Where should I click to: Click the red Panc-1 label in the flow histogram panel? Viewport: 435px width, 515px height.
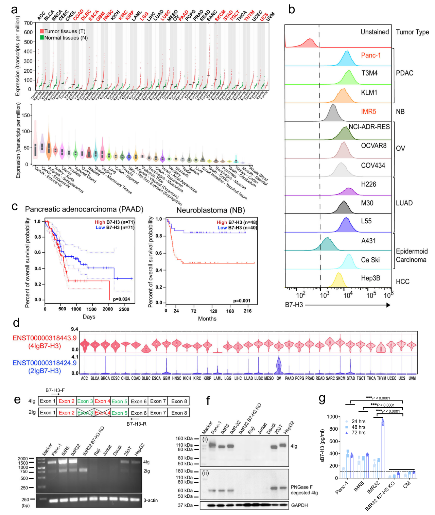pyautogui.click(x=371, y=55)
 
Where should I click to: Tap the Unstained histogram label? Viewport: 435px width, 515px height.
pyautogui.click(x=375, y=32)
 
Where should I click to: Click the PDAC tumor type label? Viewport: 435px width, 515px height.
pyautogui.click(x=404, y=73)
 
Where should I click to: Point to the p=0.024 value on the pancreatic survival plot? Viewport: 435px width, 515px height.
pyautogui.click(x=121, y=299)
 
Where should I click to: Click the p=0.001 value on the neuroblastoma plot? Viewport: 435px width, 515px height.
pyautogui.click(x=242, y=301)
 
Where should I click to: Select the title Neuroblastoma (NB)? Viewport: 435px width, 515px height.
pyautogui.click(x=211, y=210)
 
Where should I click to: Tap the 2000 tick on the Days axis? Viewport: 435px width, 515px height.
pyautogui.click(x=108, y=309)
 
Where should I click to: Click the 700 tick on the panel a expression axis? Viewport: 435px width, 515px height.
pyautogui.click(x=29, y=23)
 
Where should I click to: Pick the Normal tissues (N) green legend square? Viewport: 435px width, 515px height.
pyautogui.click(x=42, y=38)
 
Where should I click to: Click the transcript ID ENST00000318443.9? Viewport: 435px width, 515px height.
pyautogui.click(x=45, y=338)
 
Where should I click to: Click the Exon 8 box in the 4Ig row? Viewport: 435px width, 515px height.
pyautogui.click(x=179, y=401)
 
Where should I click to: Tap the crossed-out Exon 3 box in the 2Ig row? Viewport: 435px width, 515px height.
pyautogui.click(x=85, y=413)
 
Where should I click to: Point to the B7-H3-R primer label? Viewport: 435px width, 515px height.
pyautogui.click(x=136, y=424)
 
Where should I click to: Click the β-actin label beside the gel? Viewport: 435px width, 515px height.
pyautogui.click(x=151, y=500)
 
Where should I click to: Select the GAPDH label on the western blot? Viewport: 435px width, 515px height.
pyautogui.click(x=299, y=505)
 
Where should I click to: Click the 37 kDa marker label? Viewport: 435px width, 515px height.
pyautogui.click(x=185, y=505)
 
